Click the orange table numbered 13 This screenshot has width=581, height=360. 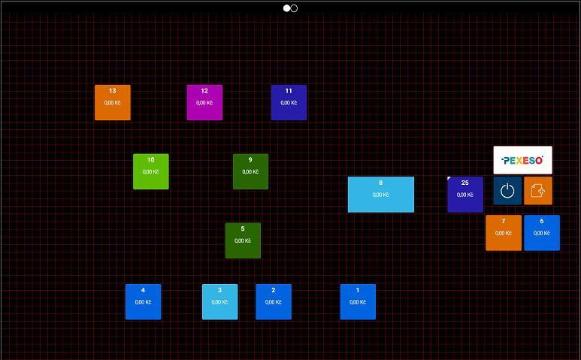113,102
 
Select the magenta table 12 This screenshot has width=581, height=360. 204,102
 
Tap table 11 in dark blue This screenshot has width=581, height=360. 289,102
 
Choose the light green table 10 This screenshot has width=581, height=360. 151,171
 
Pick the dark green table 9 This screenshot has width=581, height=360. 250,171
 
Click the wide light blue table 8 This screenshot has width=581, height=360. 381,195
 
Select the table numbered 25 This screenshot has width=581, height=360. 465,195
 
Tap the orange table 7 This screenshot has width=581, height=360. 504,233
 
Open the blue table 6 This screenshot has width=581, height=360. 542,233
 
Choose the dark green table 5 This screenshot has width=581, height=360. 243,241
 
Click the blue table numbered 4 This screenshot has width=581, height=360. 143,301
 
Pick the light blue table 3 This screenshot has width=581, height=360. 219,301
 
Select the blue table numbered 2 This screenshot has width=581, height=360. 274,301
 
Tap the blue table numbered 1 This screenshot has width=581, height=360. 358,301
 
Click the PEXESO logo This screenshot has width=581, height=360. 522,160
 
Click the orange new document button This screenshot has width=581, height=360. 538,191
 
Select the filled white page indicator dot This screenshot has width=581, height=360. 286,8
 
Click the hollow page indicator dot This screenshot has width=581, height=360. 294,8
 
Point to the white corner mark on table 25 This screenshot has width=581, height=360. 449,179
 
